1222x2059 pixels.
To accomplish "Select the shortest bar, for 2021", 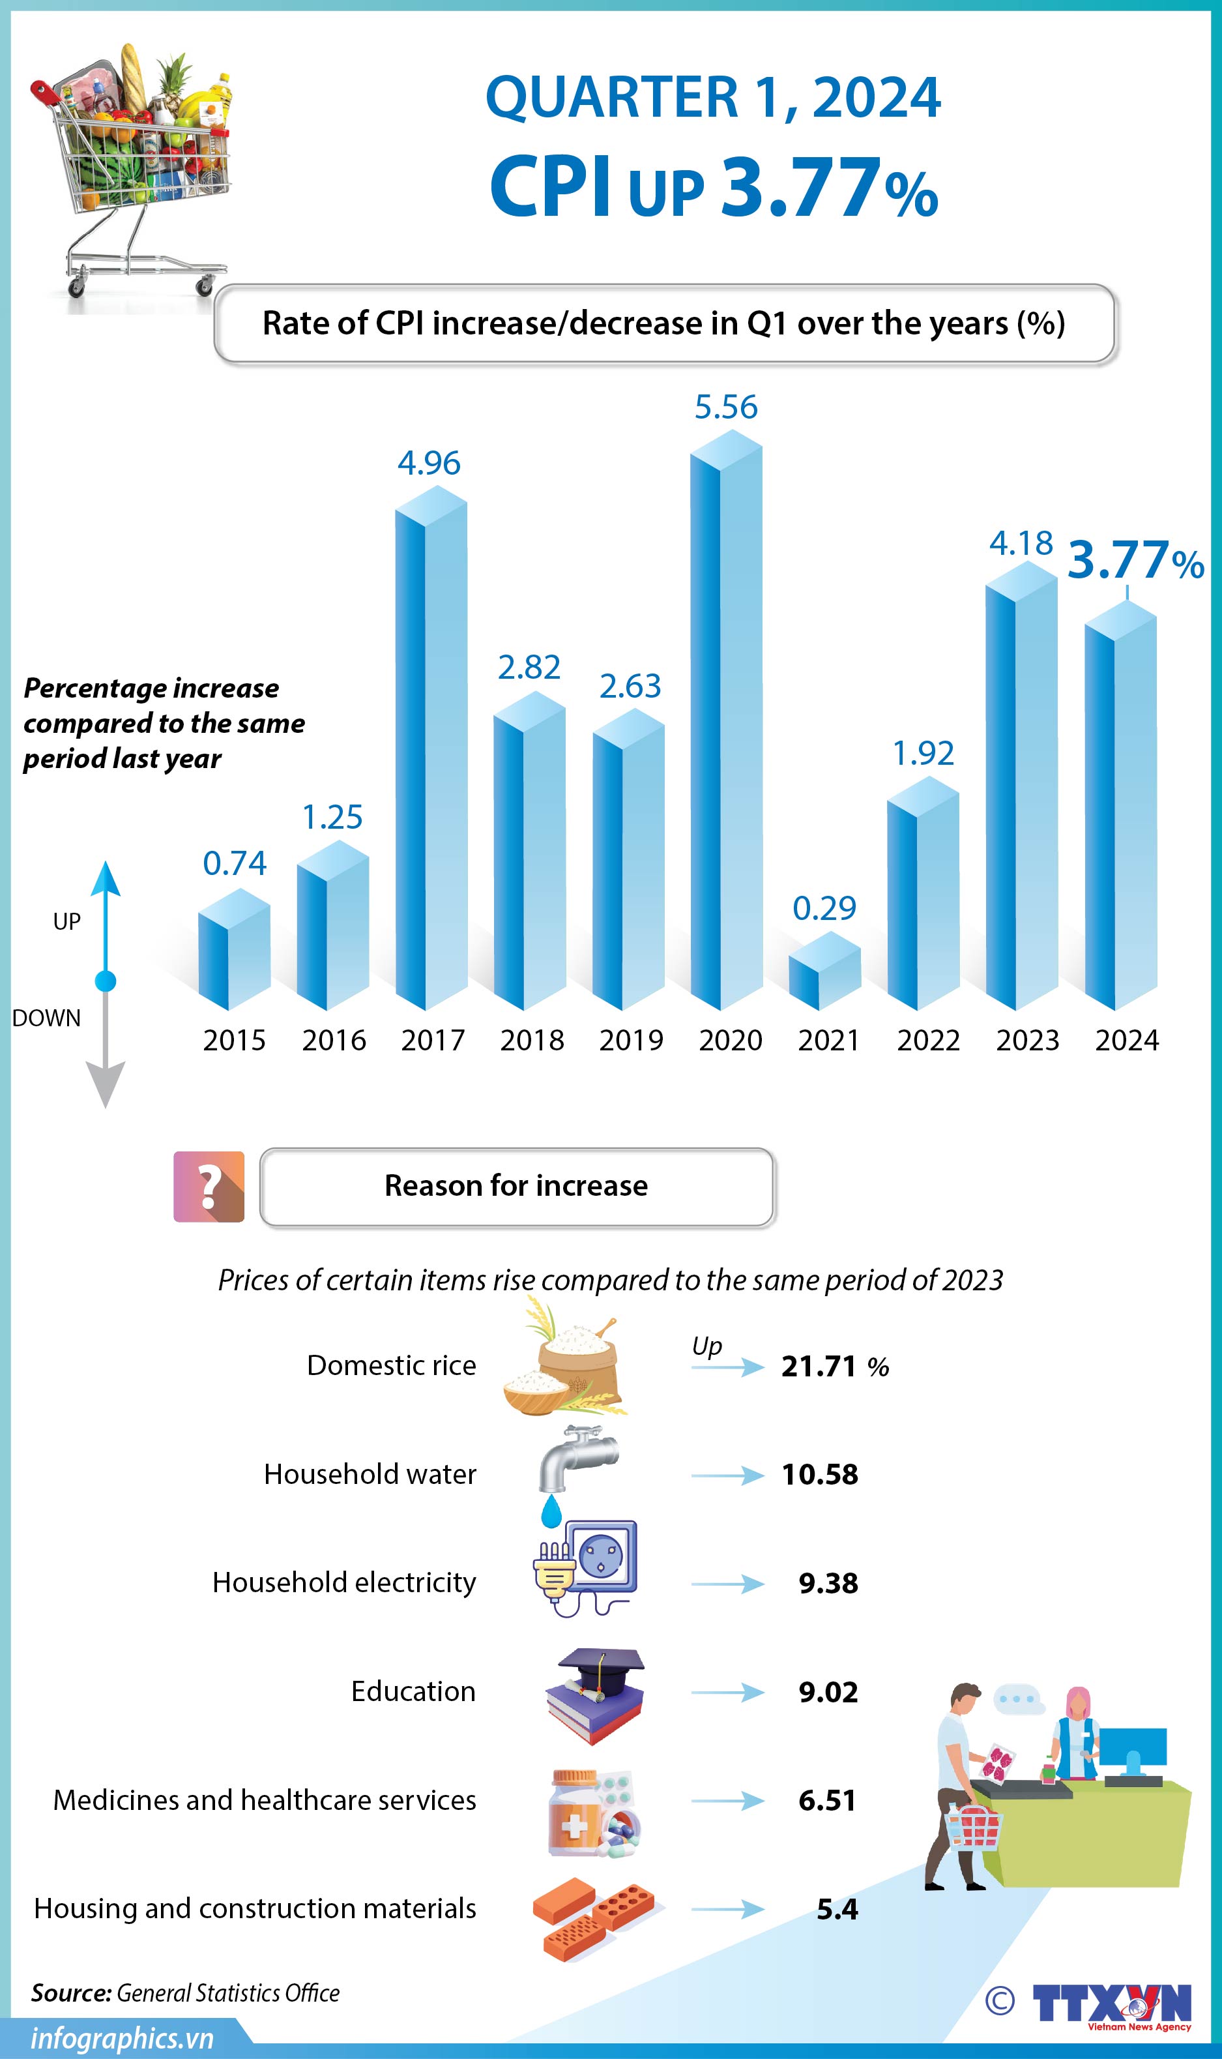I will pos(824,972).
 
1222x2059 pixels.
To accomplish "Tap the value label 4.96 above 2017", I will pos(429,464).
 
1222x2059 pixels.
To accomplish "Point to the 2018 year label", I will pos(532,1040).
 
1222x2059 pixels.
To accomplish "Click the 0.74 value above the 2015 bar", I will pos(235,863).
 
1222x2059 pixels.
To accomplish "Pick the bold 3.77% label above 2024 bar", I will pos(1135,561).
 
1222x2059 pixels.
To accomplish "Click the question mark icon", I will pos(209,1187).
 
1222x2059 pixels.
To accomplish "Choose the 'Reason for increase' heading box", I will pos(516,1187).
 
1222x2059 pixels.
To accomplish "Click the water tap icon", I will pos(576,1461).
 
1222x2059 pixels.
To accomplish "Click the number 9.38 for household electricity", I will pos(828,1583).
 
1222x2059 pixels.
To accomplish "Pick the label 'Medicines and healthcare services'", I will pos(265,1800).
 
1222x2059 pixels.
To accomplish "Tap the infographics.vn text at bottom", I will pos(122,2038).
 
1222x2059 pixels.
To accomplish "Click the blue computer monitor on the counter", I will pos(1133,1749).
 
